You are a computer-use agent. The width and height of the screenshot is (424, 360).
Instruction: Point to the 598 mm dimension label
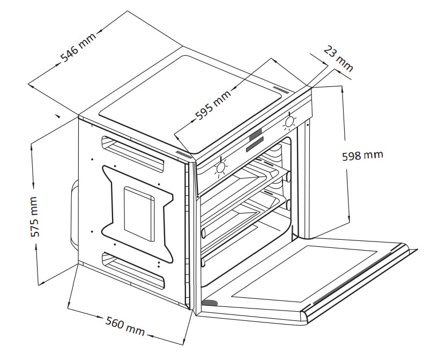[362, 156]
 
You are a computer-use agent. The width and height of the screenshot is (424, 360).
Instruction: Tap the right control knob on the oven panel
[289, 122]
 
